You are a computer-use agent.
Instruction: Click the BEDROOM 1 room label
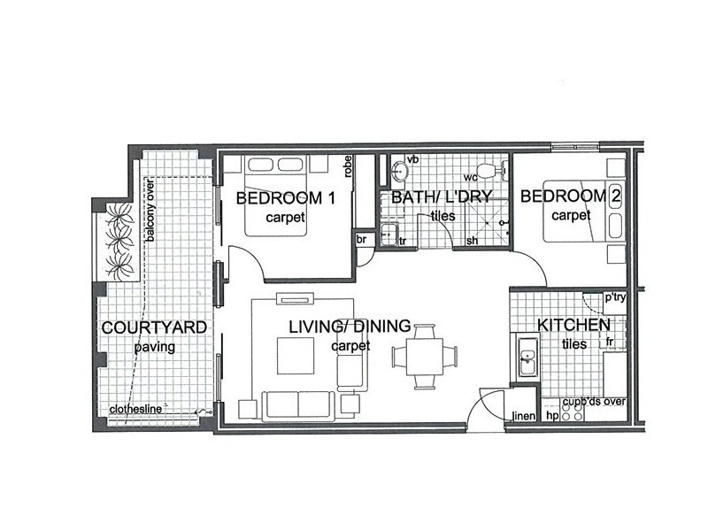click(286, 197)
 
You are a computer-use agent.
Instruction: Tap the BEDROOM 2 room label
click(571, 196)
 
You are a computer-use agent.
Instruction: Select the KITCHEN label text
click(573, 325)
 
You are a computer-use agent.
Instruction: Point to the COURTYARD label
click(154, 327)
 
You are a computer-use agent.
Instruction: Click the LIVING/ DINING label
click(350, 326)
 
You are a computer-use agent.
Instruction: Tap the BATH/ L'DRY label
click(441, 196)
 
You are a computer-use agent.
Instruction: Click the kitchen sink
click(527, 357)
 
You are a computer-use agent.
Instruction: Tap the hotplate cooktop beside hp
click(572, 411)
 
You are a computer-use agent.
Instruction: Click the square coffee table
click(296, 356)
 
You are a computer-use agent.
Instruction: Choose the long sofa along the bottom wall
click(298, 405)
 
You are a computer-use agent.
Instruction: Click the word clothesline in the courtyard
click(135, 409)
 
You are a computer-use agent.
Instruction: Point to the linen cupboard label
click(524, 415)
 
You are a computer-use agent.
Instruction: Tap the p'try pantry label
click(615, 297)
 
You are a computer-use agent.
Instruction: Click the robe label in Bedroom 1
click(347, 166)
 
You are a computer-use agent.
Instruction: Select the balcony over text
click(150, 211)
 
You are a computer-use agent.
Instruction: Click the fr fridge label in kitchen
click(610, 342)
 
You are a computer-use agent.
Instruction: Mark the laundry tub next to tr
click(389, 235)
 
